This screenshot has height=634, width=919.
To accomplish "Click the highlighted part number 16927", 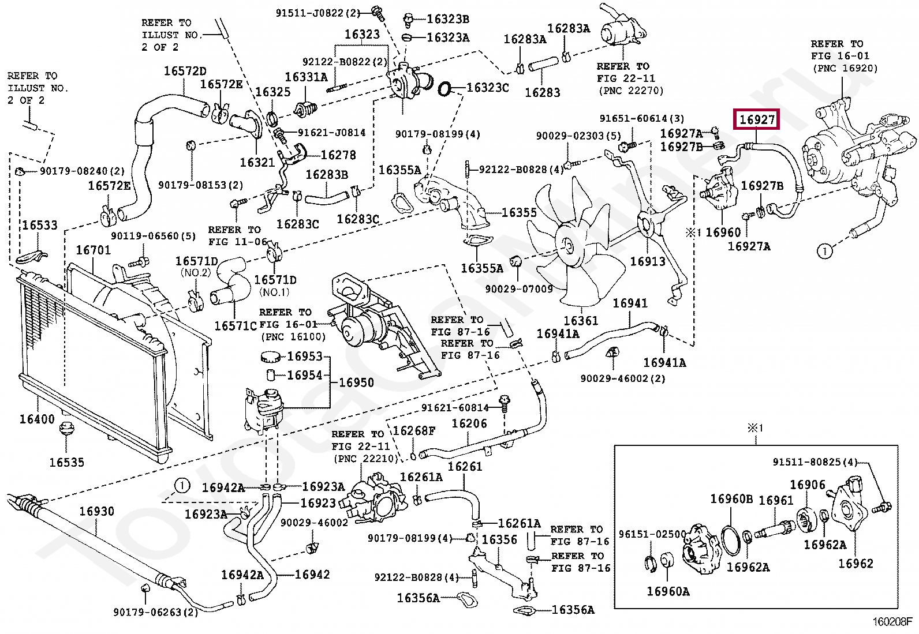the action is click(757, 120).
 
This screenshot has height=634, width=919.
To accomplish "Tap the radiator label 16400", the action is click(37, 419).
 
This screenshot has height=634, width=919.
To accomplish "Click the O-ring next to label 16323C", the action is click(444, 89).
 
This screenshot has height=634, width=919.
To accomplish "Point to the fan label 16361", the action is click(581, 321).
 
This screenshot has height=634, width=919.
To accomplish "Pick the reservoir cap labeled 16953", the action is click(270, 357).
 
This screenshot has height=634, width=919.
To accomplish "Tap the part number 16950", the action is click(357, 382).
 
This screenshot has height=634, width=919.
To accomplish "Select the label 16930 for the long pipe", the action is click(96, 511).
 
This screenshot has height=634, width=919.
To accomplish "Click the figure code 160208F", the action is click(894, 622).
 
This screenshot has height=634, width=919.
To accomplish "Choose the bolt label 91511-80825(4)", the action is click(815, 462).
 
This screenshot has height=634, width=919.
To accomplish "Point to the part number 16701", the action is click(94, 250).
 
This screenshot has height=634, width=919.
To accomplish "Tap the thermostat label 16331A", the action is click(306, 77).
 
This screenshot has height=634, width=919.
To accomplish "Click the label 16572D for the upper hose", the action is click(185, 71).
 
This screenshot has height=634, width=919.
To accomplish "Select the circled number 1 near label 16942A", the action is click(182, 486).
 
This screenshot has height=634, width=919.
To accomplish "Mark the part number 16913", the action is click(648, 261).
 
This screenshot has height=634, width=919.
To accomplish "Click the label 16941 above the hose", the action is click(630, 303).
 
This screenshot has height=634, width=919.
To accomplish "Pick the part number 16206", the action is click(469, 423).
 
